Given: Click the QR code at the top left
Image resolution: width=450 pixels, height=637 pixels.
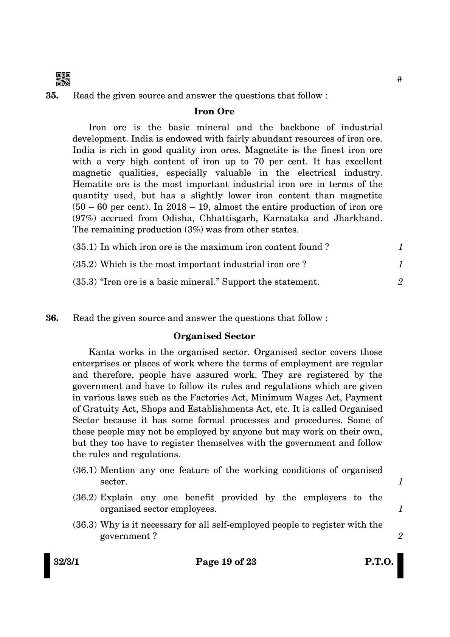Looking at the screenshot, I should click(x=63, y=79).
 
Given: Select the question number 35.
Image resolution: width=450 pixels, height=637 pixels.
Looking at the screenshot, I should click(x=52, y=96).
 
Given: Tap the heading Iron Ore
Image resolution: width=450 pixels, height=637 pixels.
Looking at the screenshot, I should click(x=214, y=111).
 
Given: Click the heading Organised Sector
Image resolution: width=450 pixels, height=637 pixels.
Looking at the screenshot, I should click(x=214, y=336).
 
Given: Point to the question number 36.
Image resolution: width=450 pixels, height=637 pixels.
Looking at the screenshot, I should click(x=52, y=318).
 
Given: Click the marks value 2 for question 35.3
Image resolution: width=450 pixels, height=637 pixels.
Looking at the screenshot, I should click(x=400, y=282).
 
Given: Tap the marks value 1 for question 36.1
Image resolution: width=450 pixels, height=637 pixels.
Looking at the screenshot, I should click(x=400, y=482).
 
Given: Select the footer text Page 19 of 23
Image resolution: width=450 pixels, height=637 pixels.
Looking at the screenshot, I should click(x=226, y=562).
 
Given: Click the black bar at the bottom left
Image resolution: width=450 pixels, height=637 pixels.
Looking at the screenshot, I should click(x=47, y=566).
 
